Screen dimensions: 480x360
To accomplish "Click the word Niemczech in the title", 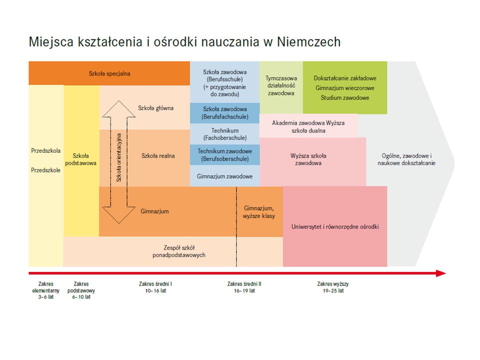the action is [x=308, y=42].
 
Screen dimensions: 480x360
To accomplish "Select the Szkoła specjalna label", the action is [x=109, y=73].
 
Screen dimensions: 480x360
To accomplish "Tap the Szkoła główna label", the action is [x=155, y=108].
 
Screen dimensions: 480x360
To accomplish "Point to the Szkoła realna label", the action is [x=158, y=156].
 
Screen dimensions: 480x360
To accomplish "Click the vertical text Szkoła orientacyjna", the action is [x=119, y=157].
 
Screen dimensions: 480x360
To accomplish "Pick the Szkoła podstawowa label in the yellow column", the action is [x=81, y=159].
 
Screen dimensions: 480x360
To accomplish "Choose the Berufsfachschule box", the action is [x=224, y=113].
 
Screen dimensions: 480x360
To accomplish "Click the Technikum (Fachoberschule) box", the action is [x=224, y=134].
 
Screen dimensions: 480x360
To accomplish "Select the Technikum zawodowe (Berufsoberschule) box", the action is [x=224, y=155].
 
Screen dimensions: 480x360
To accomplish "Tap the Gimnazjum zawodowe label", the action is [x=224, y=176].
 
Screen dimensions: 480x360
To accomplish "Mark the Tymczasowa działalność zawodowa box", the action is [x=281, y=87].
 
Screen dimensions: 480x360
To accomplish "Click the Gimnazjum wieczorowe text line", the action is [x=344, y=88].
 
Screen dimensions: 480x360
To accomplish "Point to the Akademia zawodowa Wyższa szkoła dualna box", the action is [x=308, y=126].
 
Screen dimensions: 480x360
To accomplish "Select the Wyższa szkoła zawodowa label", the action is [x=308, y=159].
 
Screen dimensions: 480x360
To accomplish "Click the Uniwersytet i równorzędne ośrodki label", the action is [x=335, y=227].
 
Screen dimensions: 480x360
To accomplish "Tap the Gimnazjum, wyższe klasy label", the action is [x=258, y=212].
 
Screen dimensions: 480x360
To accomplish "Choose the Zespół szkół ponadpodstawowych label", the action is [x=179, y=251].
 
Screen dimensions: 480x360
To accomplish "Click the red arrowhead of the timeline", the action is [x=441, y=273].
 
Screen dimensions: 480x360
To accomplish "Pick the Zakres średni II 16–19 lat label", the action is [x=244, y=287].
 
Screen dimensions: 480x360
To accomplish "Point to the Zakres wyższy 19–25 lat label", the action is [x=333, y=287].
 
